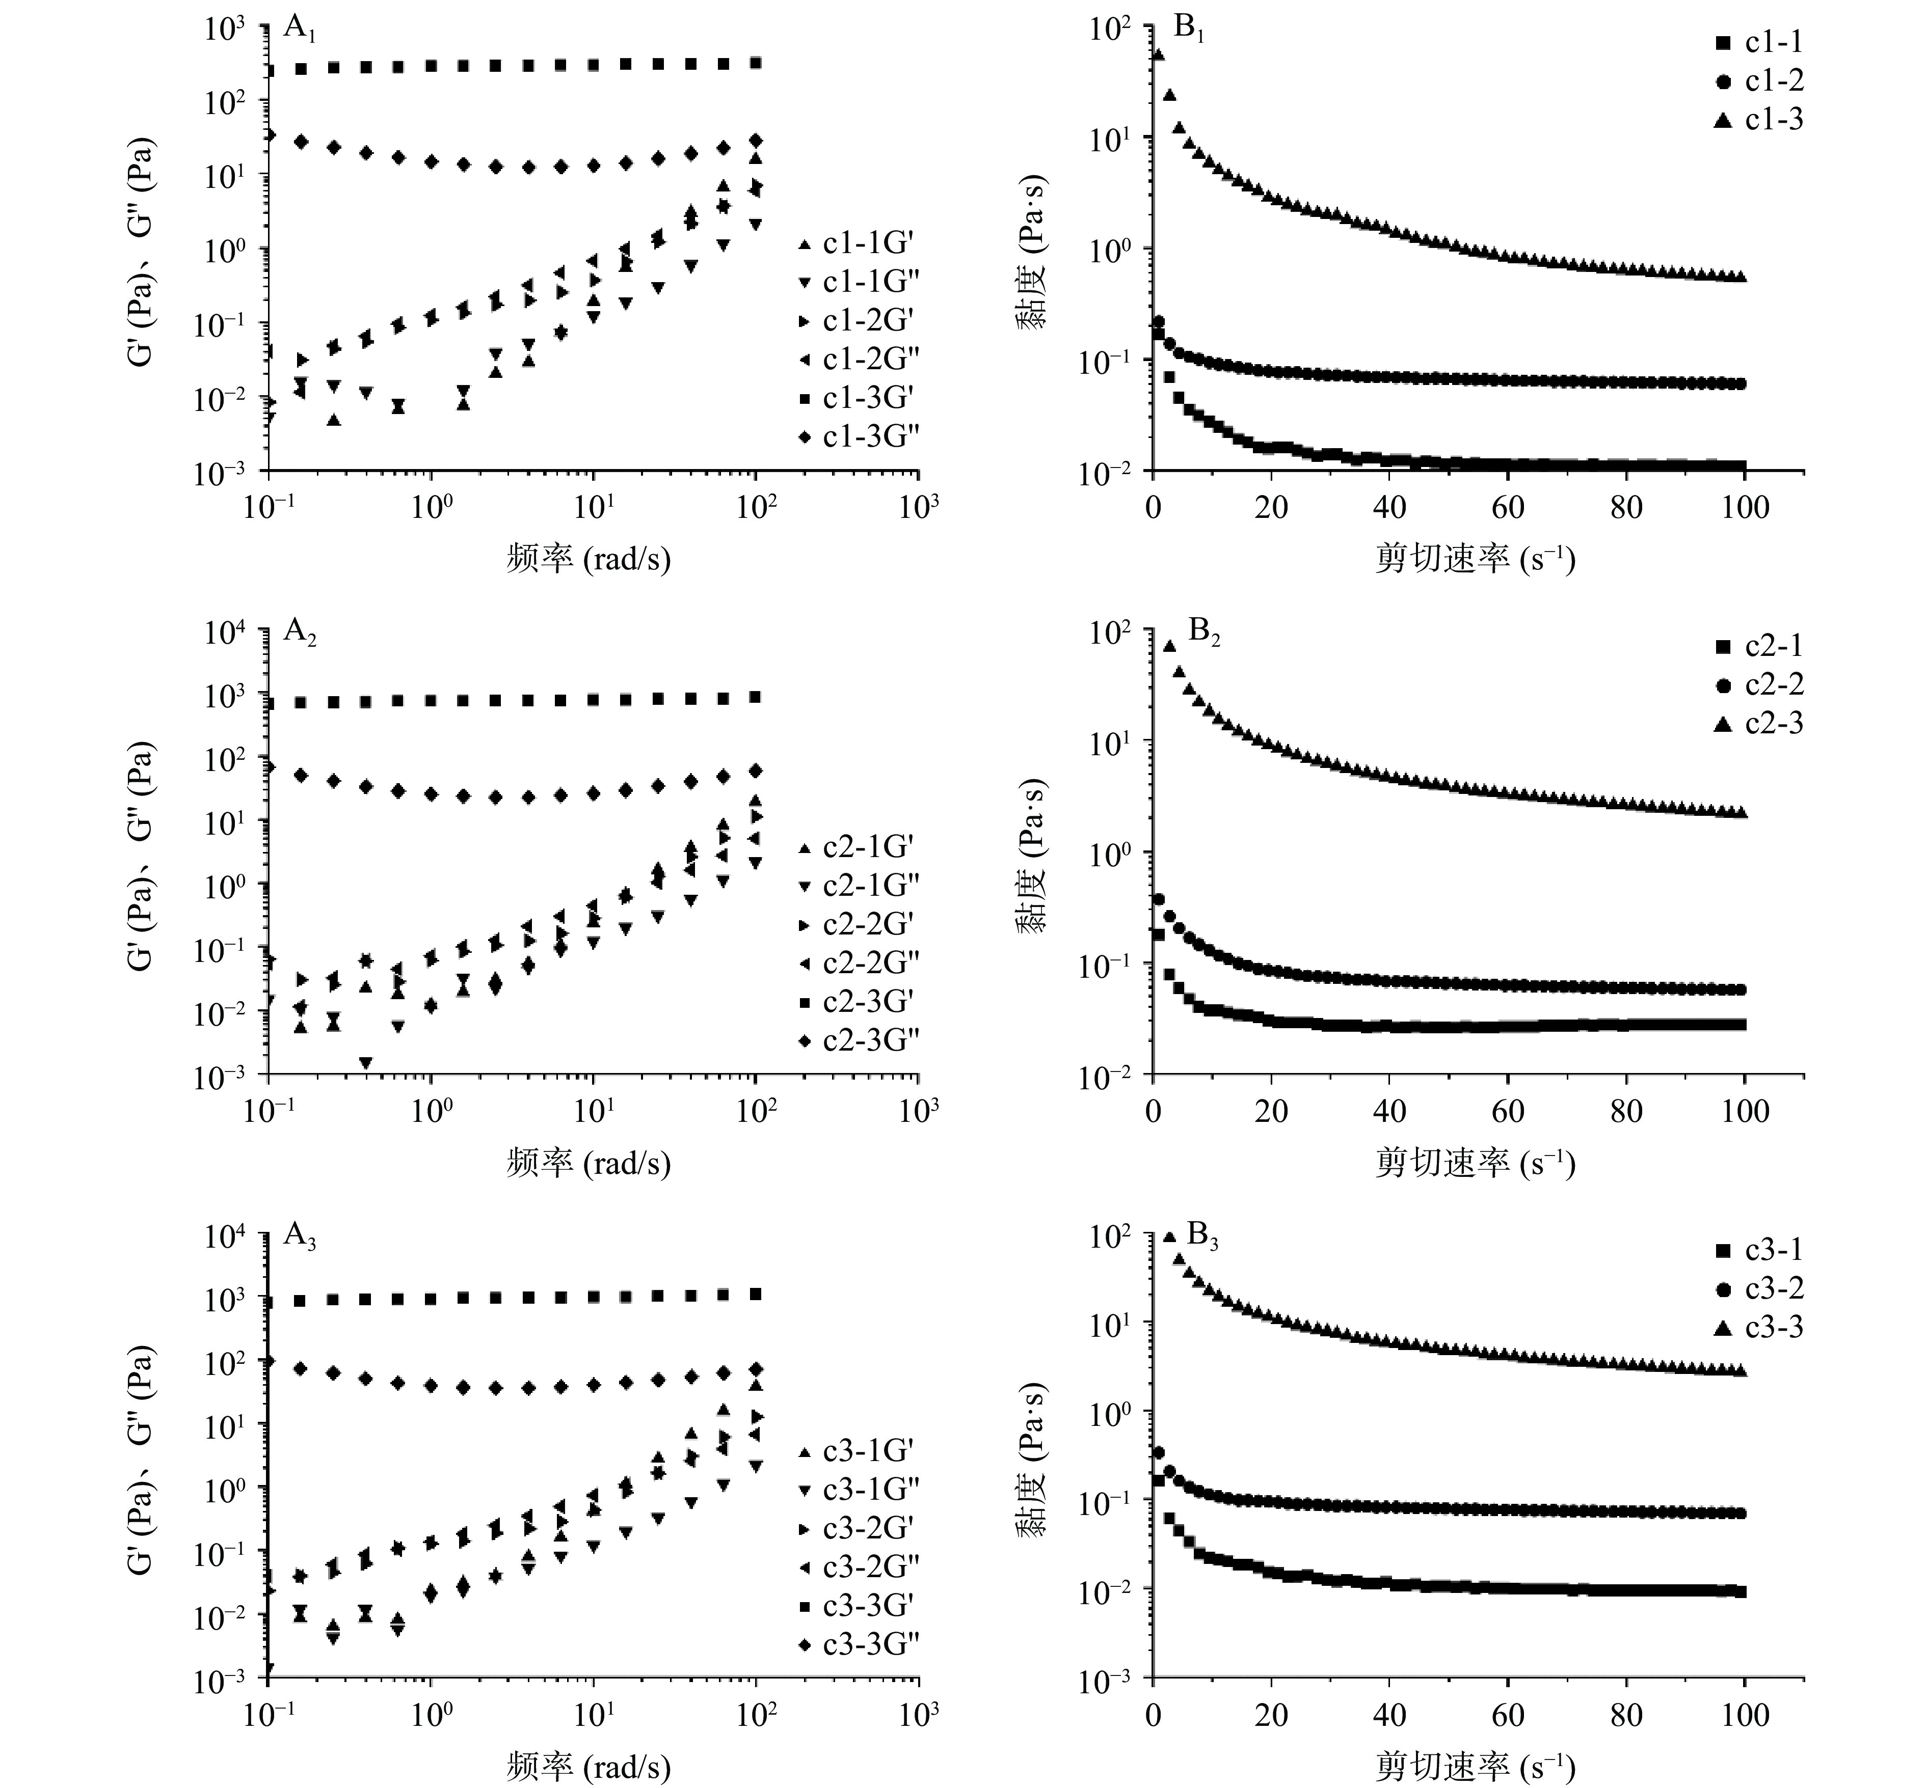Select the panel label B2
point(1203,634)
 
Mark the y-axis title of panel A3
point(142,1458)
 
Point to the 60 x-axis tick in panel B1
point(1508,507)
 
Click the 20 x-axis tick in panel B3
point(1271,1715)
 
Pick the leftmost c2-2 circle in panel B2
point(1158,899)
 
